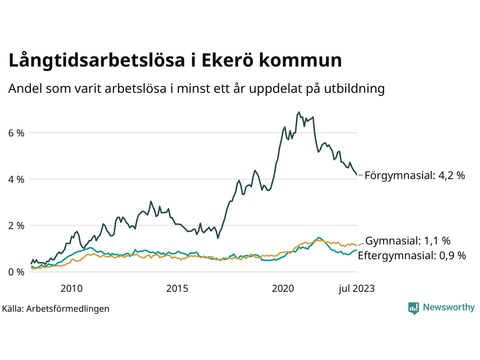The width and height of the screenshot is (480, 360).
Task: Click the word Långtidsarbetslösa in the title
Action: (x=97, y=61)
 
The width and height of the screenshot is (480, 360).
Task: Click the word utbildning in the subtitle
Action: (x=354, y=89)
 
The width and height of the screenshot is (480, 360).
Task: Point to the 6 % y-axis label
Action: (x=16, y=133)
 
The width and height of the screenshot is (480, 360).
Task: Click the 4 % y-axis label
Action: (x=16, y=180)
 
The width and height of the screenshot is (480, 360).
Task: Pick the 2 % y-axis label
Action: (x=16, y=226)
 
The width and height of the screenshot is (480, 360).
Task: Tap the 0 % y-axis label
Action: (x=16, y=272)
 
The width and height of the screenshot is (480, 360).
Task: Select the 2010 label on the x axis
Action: (x=71, y=288)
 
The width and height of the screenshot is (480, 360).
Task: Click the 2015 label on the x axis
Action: (x=177, y=288)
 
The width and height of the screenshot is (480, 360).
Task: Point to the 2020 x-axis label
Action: (x=283, y=288)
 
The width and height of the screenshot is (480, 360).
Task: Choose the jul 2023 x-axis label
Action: (x=356, y=288)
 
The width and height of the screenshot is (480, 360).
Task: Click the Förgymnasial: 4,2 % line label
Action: (x=415, y=175)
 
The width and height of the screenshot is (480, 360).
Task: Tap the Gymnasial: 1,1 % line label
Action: (x=408, y=241)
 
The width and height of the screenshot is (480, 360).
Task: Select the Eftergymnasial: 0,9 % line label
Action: (x=412, y=256)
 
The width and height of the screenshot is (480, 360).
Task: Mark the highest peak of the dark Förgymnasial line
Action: (x=299, y=112)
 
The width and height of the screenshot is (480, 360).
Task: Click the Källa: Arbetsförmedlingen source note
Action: (x=55, y=309)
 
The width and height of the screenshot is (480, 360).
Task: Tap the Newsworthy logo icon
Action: (x=414, y=308)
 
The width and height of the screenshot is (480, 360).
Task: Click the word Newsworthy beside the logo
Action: (x=448, y=307)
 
